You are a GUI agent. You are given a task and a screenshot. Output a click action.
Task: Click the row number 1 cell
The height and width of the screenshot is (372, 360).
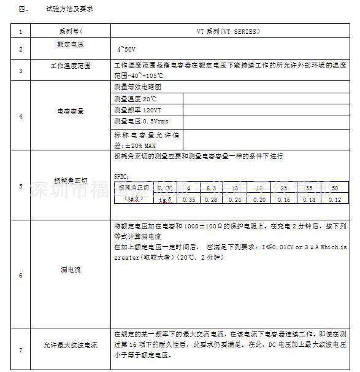(x=20, y=32)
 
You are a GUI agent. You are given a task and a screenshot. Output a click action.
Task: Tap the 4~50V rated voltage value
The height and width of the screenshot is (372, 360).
(x=128, y=47)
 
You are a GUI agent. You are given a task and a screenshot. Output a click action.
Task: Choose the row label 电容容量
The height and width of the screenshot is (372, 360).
(x=71, y=112)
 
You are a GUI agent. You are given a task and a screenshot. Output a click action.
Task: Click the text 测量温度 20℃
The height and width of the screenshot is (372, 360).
(x=136, y=98)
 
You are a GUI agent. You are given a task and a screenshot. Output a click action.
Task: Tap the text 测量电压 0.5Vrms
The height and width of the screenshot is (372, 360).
(x=141, y=121)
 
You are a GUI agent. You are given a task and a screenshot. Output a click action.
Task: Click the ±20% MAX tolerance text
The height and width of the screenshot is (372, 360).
(x=136, y=145)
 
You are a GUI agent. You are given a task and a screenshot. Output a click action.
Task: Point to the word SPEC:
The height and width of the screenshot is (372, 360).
(x=121, y=176)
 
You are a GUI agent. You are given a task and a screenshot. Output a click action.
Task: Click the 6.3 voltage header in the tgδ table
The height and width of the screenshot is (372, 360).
(x=211, y=187)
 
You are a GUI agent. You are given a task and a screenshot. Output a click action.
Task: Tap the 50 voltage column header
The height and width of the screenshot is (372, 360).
(x=334, y=187)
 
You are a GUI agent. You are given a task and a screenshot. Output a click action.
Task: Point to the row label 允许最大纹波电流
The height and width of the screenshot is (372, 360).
(x=71, y=346)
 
